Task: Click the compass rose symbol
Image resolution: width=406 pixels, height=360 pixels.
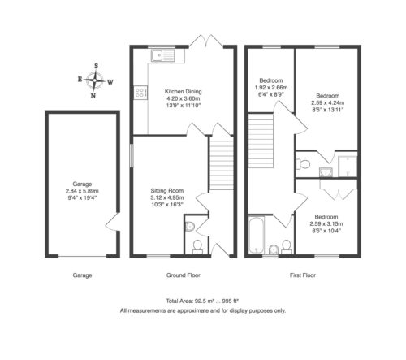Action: (x=95, y=80)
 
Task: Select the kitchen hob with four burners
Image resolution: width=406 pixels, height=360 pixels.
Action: (x=140, y=93)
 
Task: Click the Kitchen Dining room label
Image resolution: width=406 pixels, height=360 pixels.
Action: (x=184, y=92)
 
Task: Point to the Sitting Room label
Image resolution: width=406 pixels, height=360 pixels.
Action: (x=167, y=190)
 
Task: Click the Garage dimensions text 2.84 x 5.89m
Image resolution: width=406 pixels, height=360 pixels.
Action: (x=82, y=191)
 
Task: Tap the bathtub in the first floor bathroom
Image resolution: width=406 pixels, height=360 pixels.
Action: (x=257, y=235)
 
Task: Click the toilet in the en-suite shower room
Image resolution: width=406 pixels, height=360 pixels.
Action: (x=303, y=164)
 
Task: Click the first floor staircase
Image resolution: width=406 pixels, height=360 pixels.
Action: (x=261, y=141)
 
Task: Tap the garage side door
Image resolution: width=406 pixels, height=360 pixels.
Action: (x=112, y=222)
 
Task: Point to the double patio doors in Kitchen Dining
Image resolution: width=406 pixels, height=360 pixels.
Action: (x=206, y=41)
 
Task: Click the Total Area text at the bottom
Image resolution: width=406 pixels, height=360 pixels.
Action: (x=202, y=301)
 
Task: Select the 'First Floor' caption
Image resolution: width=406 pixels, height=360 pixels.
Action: (x=303, y=275)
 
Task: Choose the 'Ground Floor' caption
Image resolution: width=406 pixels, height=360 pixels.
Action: (x=184, y=275)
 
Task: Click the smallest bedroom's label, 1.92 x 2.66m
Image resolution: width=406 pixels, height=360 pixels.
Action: (x=271, y=88)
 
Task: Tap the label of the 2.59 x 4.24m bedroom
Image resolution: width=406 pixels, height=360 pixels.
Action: (x=328, y=102)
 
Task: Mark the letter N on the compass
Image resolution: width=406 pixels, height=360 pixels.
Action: (x=93, y=95)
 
